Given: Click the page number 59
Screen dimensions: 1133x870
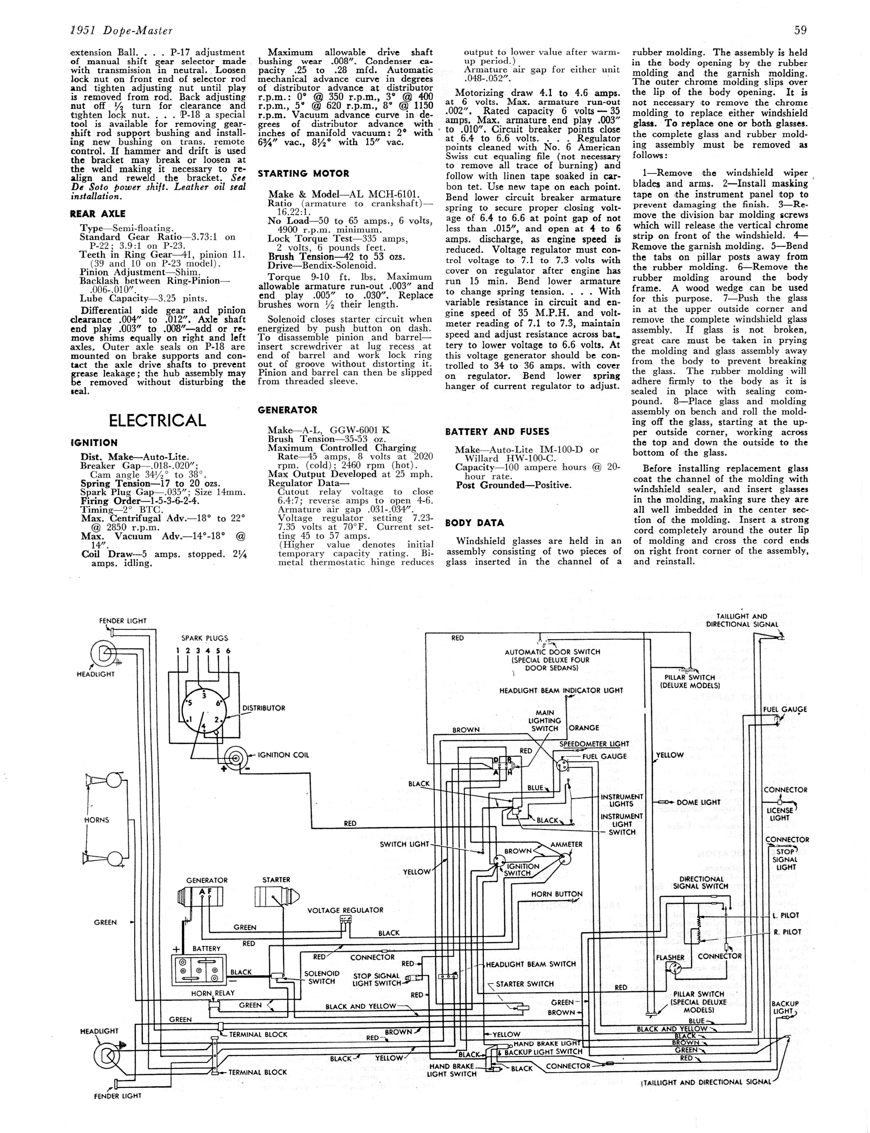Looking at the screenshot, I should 800,30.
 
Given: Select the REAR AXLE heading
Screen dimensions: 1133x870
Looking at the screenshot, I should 98,213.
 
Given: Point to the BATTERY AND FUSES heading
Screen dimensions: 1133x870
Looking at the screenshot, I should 497,431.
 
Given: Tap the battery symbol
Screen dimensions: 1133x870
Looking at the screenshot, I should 199,969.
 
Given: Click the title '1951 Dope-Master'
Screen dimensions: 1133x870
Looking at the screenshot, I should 122,31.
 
